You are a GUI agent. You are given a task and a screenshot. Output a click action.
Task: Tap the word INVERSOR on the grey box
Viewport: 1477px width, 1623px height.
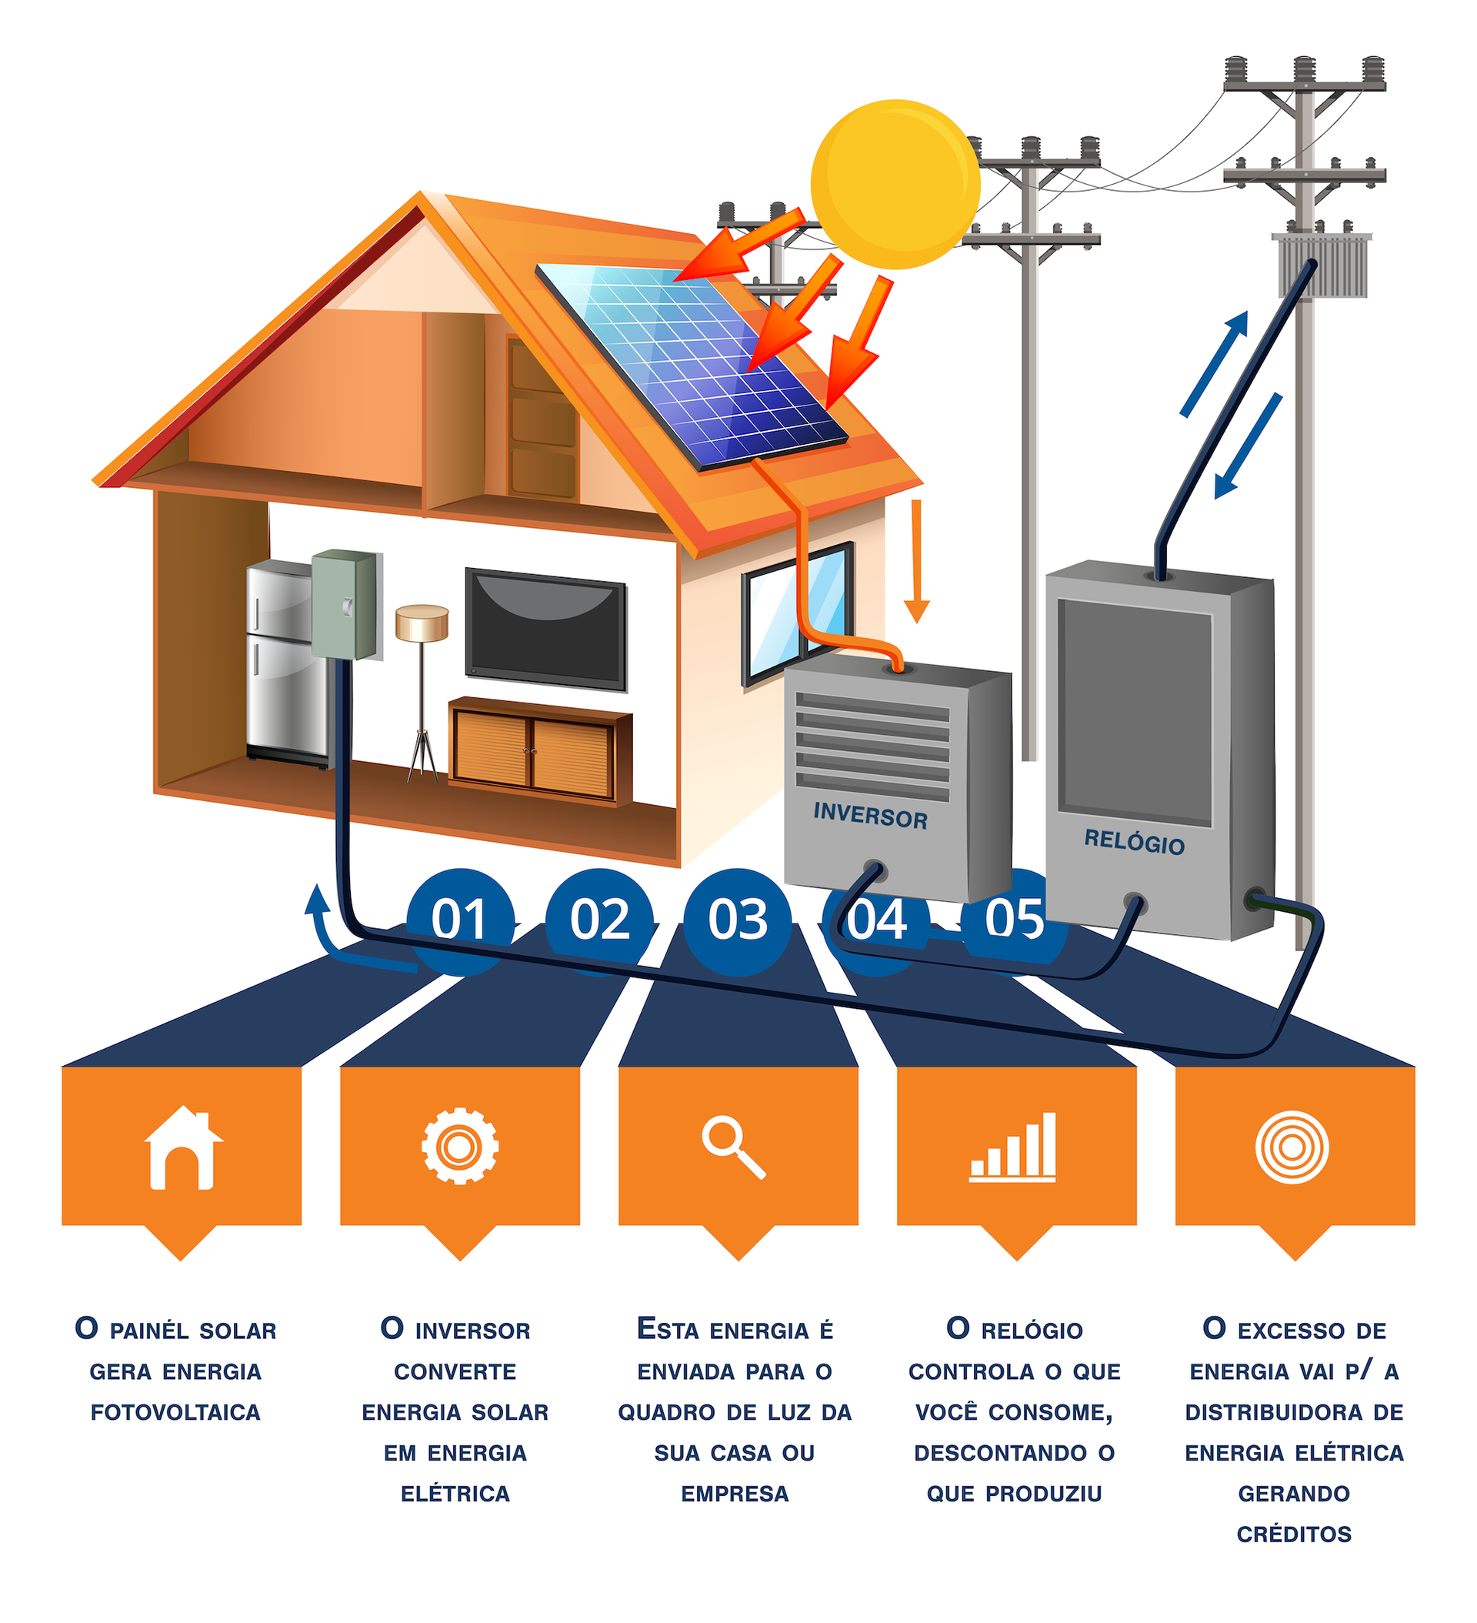pos(869,816)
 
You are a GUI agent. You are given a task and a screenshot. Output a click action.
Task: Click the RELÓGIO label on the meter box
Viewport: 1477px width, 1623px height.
pos(1133,842)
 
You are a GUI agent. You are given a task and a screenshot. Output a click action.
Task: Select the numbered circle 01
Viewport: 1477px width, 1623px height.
pos(458,920)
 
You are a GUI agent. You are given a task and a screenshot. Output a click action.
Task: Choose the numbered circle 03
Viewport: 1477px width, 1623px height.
pos(737,920)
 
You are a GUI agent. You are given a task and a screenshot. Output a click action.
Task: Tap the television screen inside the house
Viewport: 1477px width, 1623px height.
pos(545,629)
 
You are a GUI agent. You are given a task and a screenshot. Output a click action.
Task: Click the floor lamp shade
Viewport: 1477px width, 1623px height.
pos(421,624)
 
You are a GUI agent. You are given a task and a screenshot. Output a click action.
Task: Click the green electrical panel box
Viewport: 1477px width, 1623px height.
pos(344,603)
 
